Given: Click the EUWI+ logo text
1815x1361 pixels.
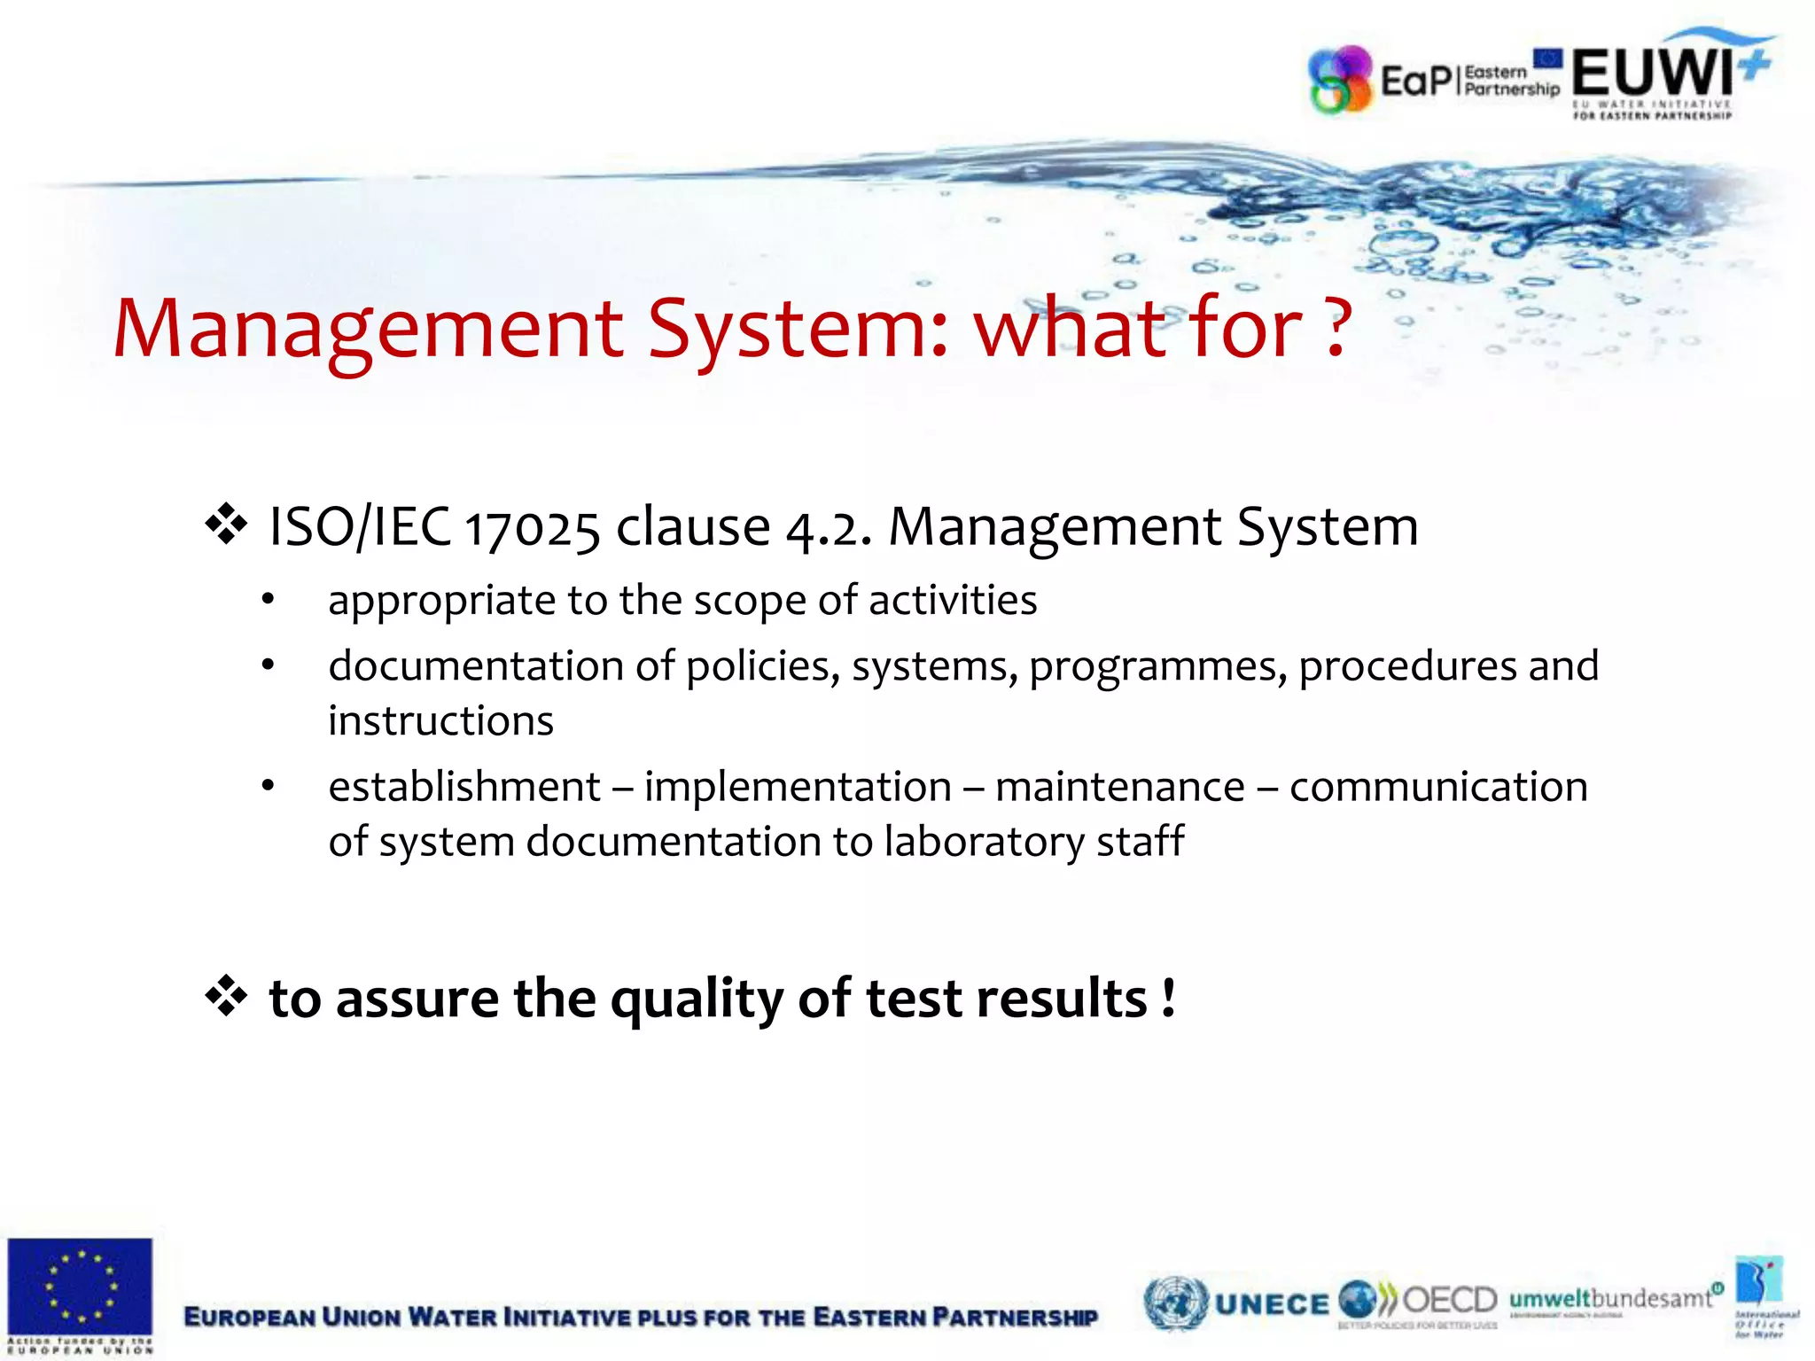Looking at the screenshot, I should [x=1652, y=73].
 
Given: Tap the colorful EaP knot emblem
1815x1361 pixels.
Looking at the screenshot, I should [x=1340, y=81].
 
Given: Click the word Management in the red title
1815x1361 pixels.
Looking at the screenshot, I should [x=369, y=330].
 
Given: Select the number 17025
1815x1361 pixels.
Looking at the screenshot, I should [x=532, y=528].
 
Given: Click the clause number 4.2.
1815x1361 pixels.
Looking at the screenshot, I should [x=828, y=528].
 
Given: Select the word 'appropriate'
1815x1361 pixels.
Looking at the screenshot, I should [x=441, y=602].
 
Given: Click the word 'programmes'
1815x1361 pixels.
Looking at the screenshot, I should [x=1157, y=667].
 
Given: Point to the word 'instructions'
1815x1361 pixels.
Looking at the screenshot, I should [x=440, y=720].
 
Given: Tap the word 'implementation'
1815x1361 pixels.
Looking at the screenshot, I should [x=798, y=787].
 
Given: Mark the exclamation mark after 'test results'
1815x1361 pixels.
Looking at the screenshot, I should [x=1169, y=997].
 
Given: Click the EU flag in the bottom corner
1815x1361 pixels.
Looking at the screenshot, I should [x=80, y=1287].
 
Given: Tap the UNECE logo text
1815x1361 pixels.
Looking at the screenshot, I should [x=1272, y=1303].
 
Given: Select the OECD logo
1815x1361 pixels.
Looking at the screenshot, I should [x=1448, y=1300].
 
